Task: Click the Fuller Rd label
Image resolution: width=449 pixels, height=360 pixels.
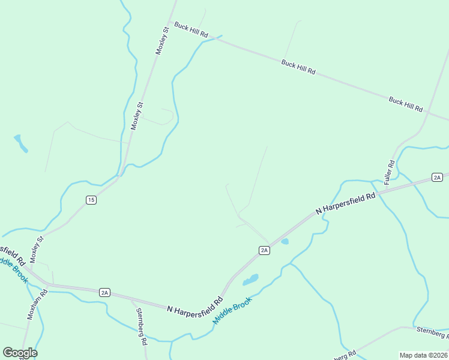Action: pos(391,172)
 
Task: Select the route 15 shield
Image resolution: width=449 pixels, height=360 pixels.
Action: pos(91,200)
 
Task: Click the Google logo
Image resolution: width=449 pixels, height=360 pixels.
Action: pos(20,353)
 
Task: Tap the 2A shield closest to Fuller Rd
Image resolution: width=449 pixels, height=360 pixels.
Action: pos(437,177)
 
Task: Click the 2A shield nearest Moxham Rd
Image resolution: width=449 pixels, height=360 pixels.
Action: pos(104,292)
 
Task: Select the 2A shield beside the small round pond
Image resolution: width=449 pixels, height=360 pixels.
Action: pos(264,250)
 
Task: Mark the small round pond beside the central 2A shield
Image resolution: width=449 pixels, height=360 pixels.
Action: pos(285,241)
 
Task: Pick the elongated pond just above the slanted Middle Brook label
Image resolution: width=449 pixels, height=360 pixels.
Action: pos(251,280)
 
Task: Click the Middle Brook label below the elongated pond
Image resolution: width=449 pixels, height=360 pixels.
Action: pos(232,311)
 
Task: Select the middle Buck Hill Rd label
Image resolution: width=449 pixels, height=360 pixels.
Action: pos(298,66)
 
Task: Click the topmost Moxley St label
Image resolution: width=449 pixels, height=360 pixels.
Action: pos(162,41)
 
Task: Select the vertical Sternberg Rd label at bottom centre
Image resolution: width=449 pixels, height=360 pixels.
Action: pos(142,327)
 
